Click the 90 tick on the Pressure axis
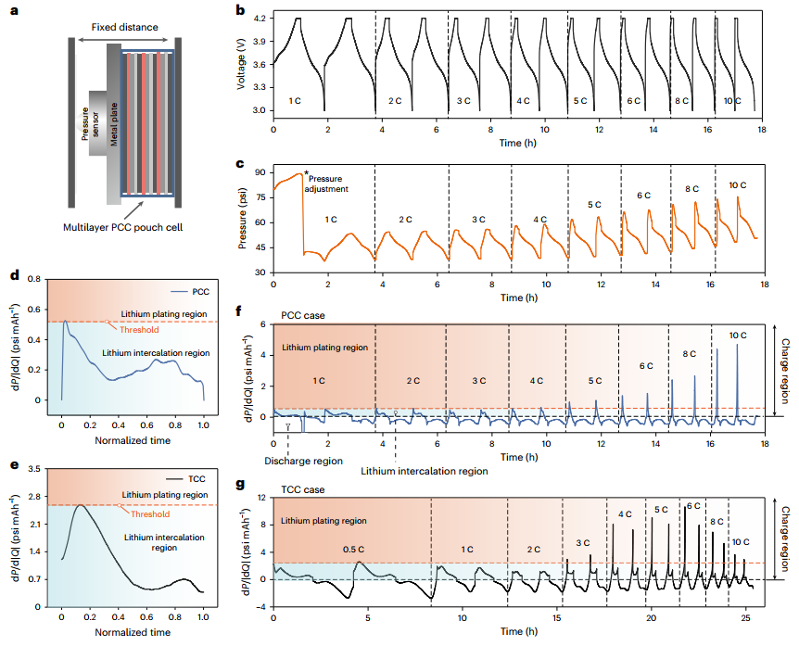[x=260, y=173]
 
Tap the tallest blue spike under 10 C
[x=738, y=345]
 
